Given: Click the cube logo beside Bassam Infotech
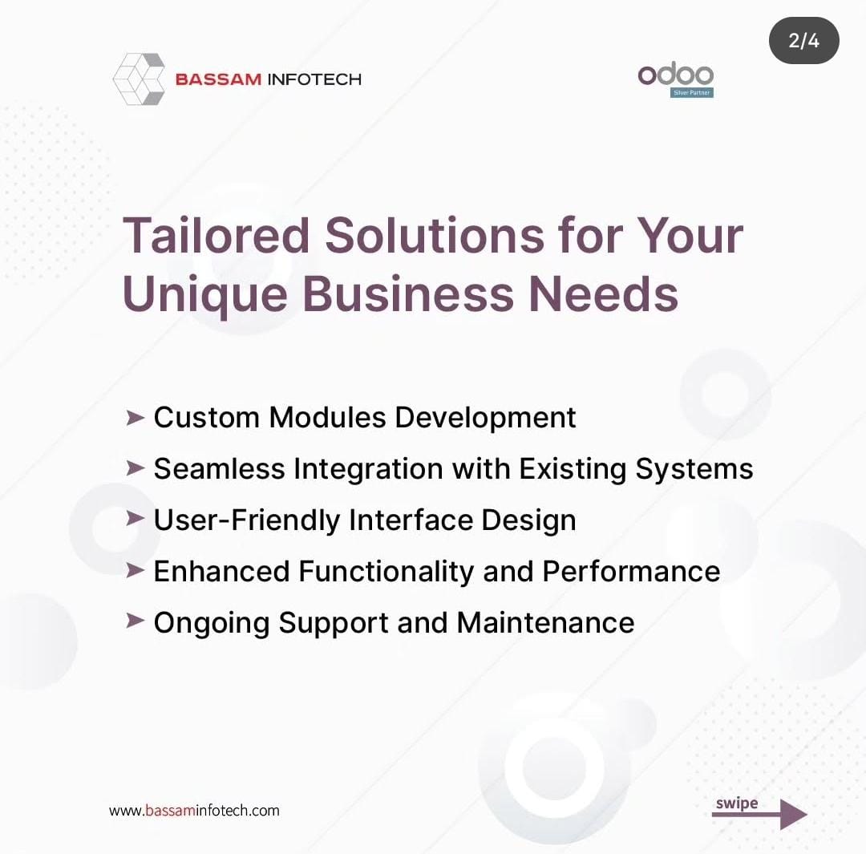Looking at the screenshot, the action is [140, 79].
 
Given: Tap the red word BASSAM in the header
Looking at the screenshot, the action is [218, 79].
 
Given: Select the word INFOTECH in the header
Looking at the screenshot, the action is [314, 79].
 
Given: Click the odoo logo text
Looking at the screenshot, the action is [675, 75].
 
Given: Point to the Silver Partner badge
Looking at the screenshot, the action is [692, 93].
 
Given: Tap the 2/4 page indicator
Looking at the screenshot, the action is [803, 40].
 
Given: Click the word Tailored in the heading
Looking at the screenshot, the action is [216, 235].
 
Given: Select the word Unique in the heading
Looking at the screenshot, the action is [205, 293].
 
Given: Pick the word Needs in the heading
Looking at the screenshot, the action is [603, 293].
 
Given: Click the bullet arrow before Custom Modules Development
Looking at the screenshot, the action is [135, 418].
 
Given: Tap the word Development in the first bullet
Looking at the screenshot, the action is [485, 418].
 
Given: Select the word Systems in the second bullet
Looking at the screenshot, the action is [694, 470].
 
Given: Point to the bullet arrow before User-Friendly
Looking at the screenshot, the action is [135, 519].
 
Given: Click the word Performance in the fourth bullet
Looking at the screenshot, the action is [631, 571].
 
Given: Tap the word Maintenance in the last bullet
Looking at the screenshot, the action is [545, 622].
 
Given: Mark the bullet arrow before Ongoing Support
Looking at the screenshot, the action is [135, 621].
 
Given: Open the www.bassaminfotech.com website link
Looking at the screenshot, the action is [194, 811].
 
